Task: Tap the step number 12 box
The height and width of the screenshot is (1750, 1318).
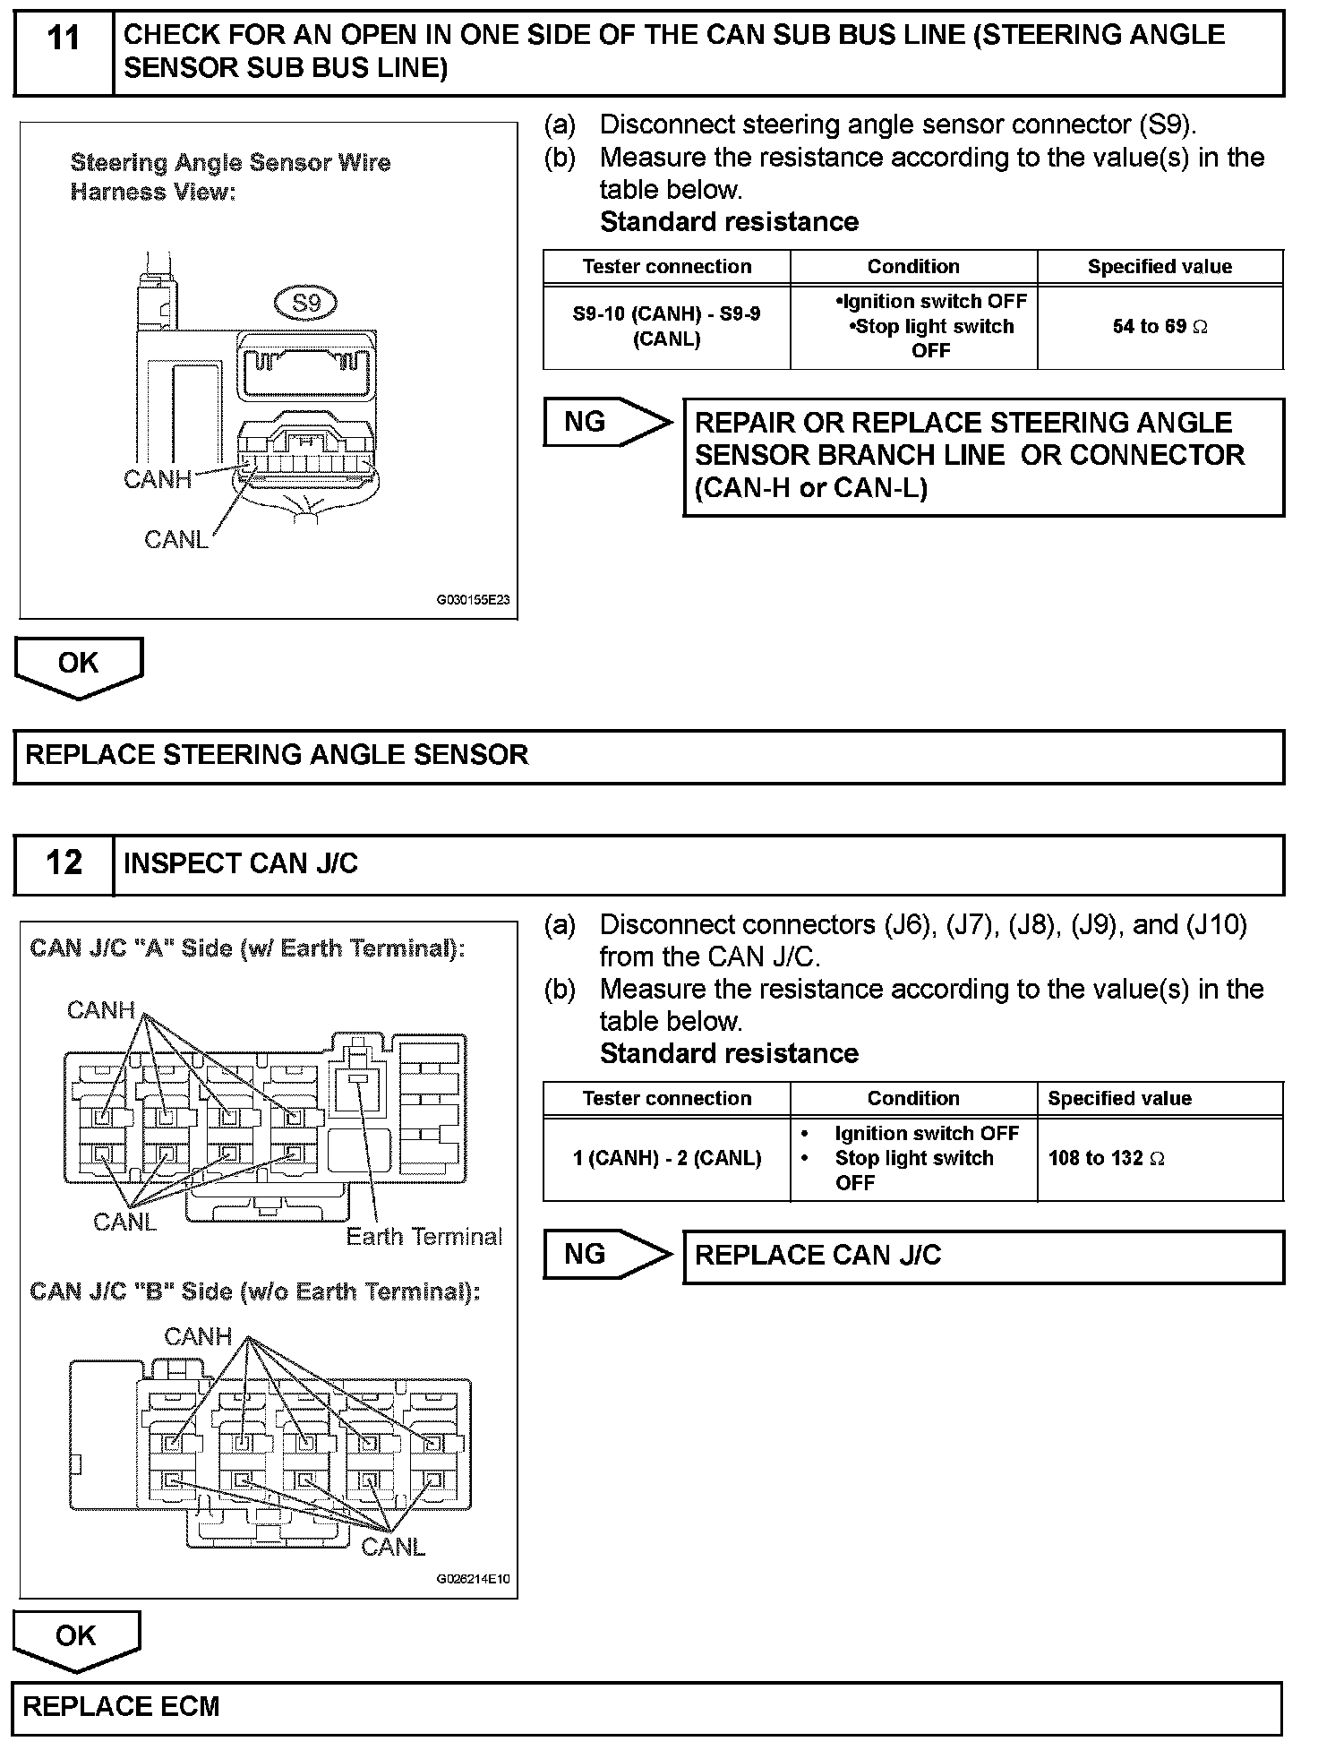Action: [x=64, y=863]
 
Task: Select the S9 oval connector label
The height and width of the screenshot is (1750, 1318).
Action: [x=306, y=303]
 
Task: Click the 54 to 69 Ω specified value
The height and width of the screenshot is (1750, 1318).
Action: [x=1160, y=327]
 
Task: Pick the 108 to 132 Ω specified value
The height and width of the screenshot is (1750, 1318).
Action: [x=1106, y=1158]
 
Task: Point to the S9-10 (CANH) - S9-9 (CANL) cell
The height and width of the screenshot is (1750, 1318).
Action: [x=666, y=327]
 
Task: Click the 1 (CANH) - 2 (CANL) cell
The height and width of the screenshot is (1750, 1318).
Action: [x=666, y=1158]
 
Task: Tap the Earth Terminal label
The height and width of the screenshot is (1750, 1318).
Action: [x=424, y=1237]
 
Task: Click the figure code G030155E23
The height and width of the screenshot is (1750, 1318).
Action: [x=473, y=600]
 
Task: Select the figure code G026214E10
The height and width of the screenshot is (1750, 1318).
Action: [x=473, y=1579]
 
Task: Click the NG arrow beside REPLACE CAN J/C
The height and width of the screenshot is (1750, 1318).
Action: [x=605, y=1254]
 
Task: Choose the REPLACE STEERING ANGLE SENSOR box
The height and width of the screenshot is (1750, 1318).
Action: [x=648, y=756]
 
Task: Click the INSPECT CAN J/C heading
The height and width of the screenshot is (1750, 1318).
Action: [x=240, y=863]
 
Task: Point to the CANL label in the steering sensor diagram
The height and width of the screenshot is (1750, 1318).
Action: [x=175, y=539]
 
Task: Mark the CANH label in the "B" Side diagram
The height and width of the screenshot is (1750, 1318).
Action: [x=198, y=1336]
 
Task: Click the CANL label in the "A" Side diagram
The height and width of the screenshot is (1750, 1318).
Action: [x=124, y=1222]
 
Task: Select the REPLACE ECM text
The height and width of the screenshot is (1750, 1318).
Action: [x=121, y=1707]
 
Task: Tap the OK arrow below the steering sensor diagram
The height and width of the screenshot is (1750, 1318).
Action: [x=78, y=665]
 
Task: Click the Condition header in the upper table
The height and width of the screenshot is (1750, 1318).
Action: [x=912, y=267]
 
